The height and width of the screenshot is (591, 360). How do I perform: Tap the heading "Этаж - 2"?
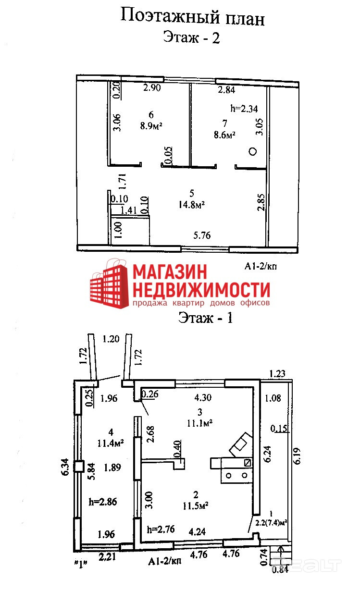[191, 37]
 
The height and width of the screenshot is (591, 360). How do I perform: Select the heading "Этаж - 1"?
[205, 318]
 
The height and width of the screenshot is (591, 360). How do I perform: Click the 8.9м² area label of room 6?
[150, 126]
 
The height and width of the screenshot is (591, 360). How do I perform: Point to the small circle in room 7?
[253, 152]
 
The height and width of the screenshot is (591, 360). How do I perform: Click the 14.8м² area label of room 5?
[191, 205]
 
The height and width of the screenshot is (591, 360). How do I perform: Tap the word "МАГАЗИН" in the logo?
[170, 272]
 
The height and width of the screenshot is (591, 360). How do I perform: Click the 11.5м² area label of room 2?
[196, 505]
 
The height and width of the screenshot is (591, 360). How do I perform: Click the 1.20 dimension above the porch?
[111, 339]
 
